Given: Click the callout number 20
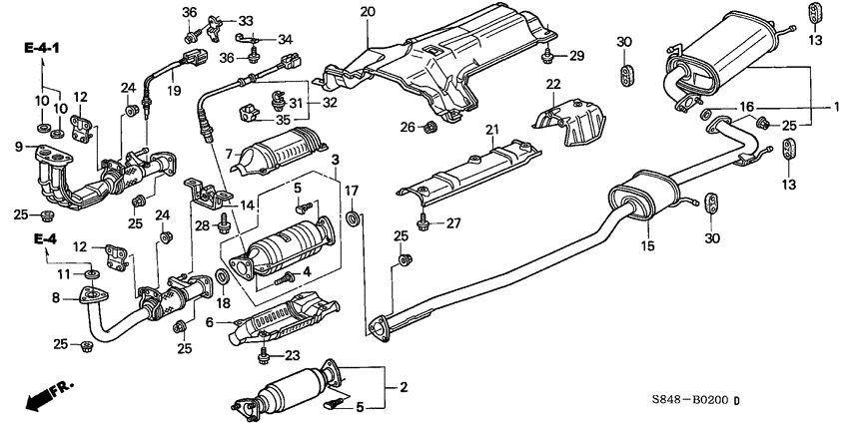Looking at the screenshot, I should (367, 12).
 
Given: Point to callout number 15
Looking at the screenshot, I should (647, 245).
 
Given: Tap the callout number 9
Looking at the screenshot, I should (18, 148).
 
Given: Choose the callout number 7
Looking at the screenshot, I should (230, 154).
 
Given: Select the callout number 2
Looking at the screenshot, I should (403, 386).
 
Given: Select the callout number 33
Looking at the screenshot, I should (246, 20).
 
